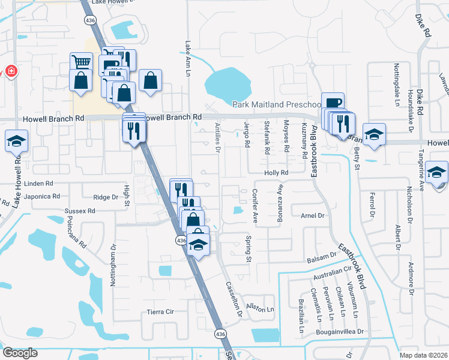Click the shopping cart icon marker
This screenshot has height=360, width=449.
click(80, 62)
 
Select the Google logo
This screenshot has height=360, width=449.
click(19, 353)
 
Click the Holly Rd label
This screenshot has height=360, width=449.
click(277, 173)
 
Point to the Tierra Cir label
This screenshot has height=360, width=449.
click(160, 312)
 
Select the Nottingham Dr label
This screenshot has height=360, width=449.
click(113, 265)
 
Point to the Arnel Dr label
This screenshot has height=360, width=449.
click(312, 215)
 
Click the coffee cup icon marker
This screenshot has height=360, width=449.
click(332, 103)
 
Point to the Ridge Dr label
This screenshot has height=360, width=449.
click(106, 197)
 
